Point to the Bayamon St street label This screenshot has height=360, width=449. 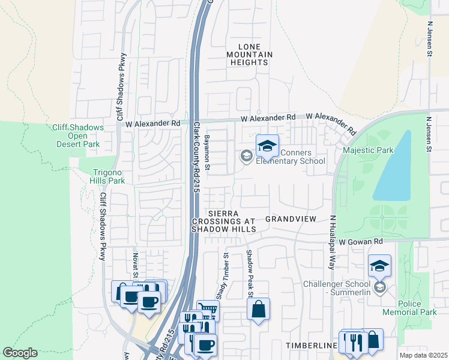pos(206,152)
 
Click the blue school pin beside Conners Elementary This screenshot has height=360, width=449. pos(268,145)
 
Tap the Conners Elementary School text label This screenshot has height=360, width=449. pos(291,157)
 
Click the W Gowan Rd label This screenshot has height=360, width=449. pos(360,241)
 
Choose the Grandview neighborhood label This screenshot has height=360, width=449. pos(291,219)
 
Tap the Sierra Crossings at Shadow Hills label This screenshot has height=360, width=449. pos(224,221)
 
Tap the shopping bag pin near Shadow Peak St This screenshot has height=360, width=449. pos(258,310)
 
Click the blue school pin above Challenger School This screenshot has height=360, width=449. pos(379,265)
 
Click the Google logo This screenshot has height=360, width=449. pos(20,353)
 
